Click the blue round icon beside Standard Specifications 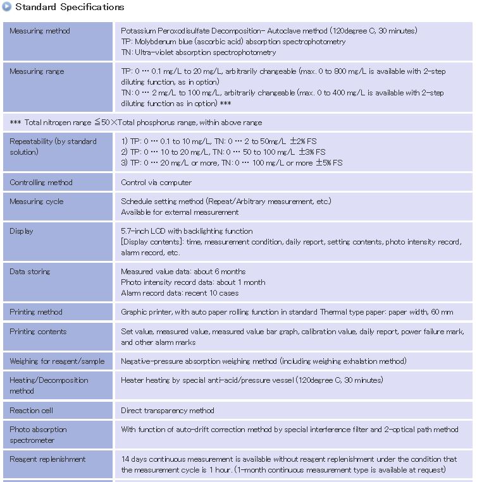pyautogui.click(x=7, y=7)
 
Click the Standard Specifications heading pyautogui.click(x=70, y=8)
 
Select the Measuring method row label pyautogui.click(x=40, y=31)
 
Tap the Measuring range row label pyautogui.click(x=37, y=71)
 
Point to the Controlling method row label pyautogui.click(x=41, y=183)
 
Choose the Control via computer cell pyautogui.click(x=156, y=183)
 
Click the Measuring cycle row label pyautogui.click(x=37, y=202)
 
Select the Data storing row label pyautogui.click(x=30, y=272)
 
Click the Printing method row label pyautogui.click(x=36, y=312)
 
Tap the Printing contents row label pyautogui.click(x=38, y=332)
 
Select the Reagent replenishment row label pyautogui.click(x=47, y=459)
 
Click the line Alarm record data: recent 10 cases pyautogui.click(x=180, y=293)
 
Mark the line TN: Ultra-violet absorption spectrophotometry pyautogui.click(x=199, y=52)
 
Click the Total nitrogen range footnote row pyautogui.click(x=136, y=123)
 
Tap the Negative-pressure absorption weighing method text pyautogui.click(x=263, y=361)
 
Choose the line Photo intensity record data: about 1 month pyautogui.click(x=193, y=282)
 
